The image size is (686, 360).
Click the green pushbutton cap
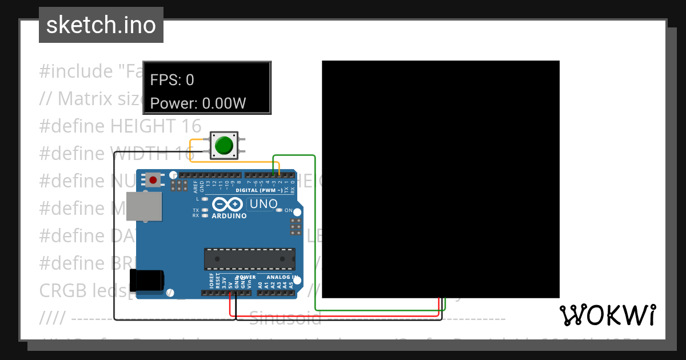point(224,145)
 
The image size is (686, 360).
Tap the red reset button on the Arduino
point(153,181)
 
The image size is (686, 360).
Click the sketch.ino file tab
point(101,25)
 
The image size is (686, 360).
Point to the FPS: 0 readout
point(172,80)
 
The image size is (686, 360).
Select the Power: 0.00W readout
point(198,103)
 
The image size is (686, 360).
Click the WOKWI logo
point(607,315)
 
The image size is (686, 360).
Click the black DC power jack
point(147,281)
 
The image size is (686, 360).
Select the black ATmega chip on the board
point(250,258)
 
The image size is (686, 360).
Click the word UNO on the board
point(264,204)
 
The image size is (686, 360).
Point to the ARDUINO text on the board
point(229,216)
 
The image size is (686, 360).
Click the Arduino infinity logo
point(228,204)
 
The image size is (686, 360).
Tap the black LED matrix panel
point(440,179)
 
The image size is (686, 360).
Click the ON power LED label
point(289,210)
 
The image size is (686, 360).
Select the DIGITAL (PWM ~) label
point(261,190)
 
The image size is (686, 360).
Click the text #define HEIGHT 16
point(120,126)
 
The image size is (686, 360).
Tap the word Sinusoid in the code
point(285,318)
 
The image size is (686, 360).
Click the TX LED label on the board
point(196,210)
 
